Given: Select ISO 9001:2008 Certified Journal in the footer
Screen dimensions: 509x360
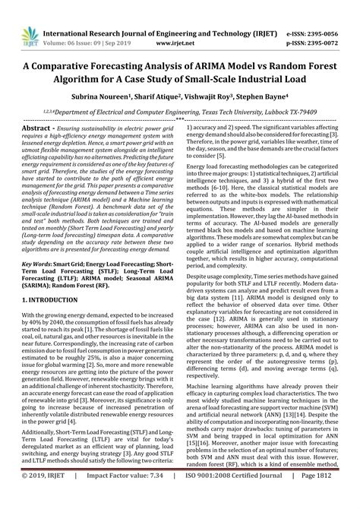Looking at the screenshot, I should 241,497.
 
